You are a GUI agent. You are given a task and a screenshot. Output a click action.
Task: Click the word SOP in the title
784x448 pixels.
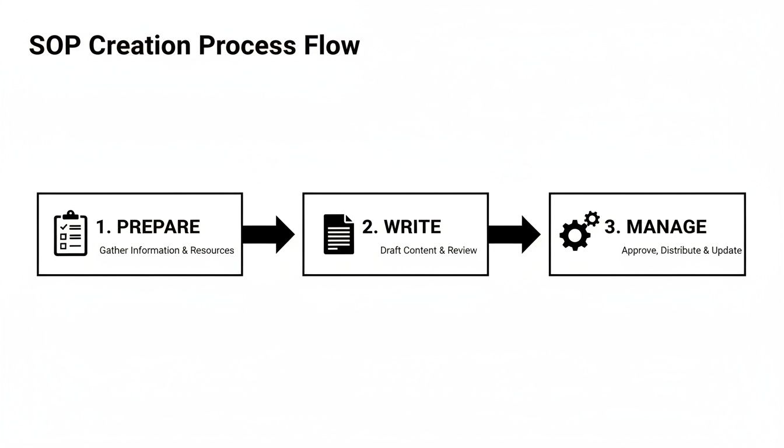[55, 45]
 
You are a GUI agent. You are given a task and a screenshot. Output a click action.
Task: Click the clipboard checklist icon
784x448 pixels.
[71, 233]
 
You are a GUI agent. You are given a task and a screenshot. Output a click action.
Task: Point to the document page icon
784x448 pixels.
[338, 234]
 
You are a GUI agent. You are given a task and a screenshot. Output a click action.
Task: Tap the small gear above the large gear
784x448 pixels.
[592, 219]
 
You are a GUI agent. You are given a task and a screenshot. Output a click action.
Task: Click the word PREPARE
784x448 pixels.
[158, 227]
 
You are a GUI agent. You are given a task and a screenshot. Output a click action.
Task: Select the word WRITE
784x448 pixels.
[413, 227]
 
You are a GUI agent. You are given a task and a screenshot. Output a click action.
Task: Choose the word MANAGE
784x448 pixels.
[666, 227]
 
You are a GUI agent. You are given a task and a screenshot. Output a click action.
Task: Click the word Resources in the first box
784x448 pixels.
[212, 250]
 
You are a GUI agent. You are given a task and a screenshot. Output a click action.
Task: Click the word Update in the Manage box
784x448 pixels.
[726, 250]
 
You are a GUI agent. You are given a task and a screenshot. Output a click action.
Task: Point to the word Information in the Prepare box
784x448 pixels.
[155, 250]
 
